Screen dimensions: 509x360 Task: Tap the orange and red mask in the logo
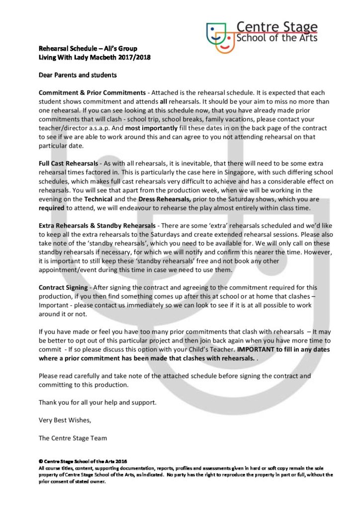226,43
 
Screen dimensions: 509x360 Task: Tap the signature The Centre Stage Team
73,438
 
